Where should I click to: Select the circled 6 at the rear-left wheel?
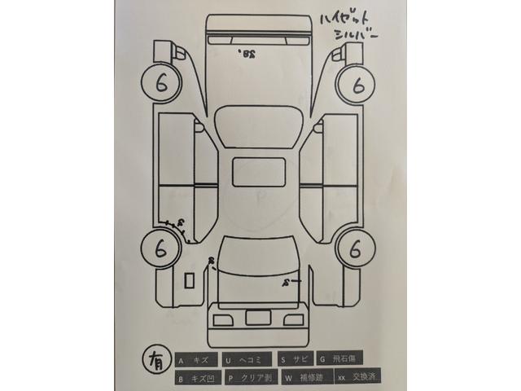[x=161, y=248]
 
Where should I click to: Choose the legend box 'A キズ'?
[x=196, y=358]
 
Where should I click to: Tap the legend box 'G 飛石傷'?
[x=340, y=358]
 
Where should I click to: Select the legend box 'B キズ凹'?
[x=196, y=378]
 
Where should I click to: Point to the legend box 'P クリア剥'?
[x=248, y=378]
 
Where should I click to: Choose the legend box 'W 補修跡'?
[x=302, y=378]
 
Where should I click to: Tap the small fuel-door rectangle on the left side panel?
[x=189, y=279]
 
